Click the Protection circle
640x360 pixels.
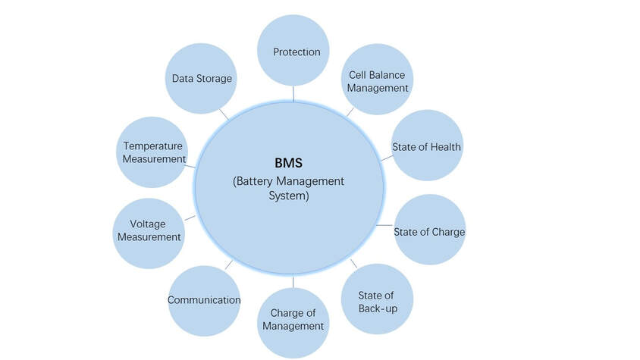click(x=293, y=51)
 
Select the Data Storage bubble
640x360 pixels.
click(x=201, y=78)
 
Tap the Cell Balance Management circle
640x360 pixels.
click(x=377, y=79)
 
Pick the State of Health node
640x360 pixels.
click(x=427, y=146)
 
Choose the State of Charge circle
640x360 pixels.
click(x=429, y=230)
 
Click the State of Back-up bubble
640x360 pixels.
click(x=377, y=299)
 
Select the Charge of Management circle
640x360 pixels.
click(x=293, y=324)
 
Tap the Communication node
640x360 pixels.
click(x=204, y=301)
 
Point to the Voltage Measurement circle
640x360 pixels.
click(x=149, y=233)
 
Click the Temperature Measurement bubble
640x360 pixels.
click(x=152, y=152)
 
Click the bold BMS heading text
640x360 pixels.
click(x=289, y=163)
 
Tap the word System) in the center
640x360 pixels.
click(x=289, y=196)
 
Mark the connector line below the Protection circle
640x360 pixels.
click(x=293, y=94)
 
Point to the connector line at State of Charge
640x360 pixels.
click(x=384, y=225)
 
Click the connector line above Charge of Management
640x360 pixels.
click(x=293, y=283)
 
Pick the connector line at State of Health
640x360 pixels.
click(x=387, y=158)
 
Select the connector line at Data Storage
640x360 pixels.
click(x=224, y=114)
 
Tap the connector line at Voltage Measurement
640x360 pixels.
click(x=190, y=218)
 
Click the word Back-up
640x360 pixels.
click(x=378, y=308)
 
